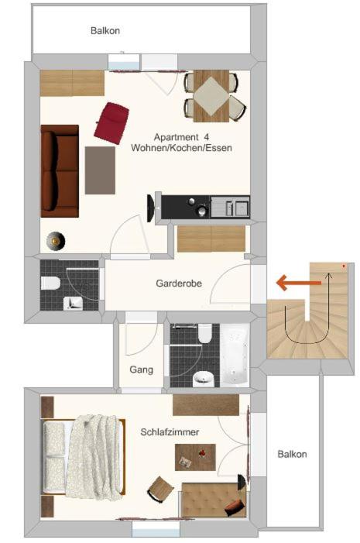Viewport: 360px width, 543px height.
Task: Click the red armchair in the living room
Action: tap(111, 123)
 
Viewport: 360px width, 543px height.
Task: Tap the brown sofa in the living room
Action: tap(60, 171)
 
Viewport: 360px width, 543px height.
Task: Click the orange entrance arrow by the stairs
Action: tap(299, 283)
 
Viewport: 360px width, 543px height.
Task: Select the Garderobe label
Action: tap(179, 284)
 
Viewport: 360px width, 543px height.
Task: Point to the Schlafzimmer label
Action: tap(170, 432)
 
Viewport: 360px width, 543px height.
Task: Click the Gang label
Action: tap(141, 369)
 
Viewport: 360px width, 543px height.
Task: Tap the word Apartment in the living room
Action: tap(177, 137)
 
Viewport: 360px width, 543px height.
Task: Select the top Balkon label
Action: tap(105, 30)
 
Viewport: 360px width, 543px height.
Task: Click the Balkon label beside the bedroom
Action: tap(292, 454)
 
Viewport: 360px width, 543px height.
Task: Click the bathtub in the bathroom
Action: tap(235, 356)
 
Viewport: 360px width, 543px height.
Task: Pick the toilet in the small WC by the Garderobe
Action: tap(50, 283)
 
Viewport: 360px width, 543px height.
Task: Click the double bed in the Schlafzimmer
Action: tap(83, 457)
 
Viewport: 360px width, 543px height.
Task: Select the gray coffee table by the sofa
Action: tap(100, 170)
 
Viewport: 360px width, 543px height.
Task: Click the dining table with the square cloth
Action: tap(211, 96)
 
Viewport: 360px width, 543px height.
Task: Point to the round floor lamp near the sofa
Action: tap(56, 240)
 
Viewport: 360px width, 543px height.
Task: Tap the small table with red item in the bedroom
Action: tap(195, 457)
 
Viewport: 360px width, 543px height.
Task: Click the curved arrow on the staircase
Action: tap(307, 342)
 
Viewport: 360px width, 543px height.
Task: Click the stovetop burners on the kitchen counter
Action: tap(197, 207)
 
